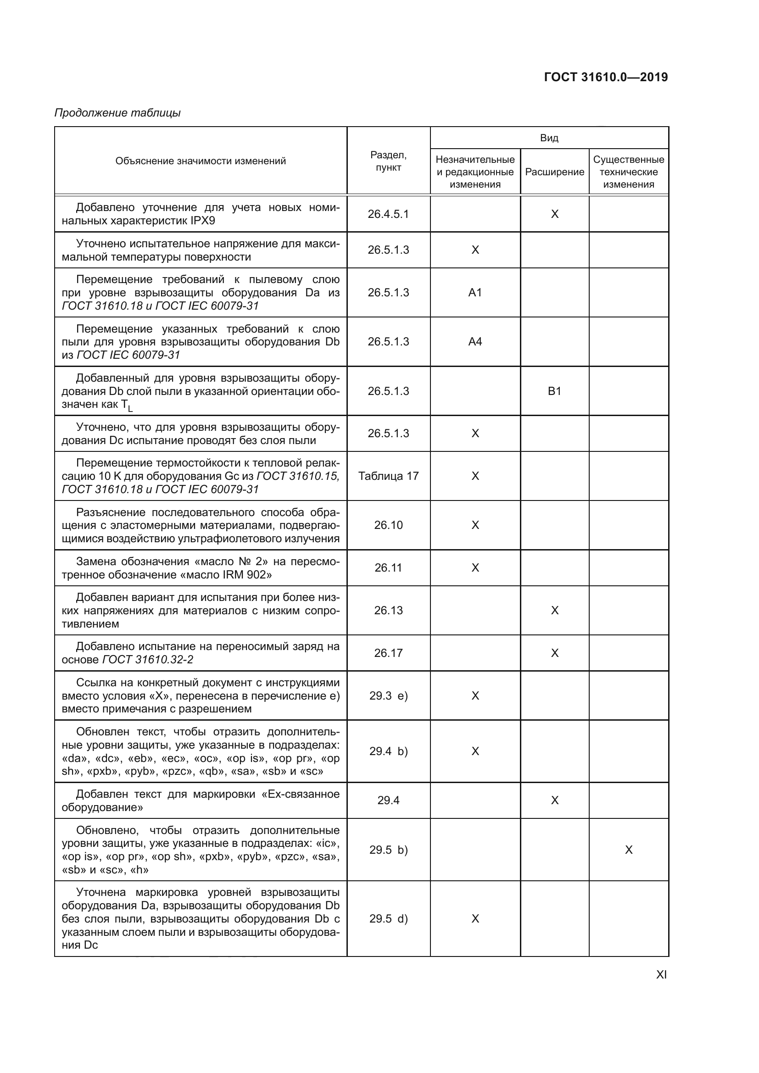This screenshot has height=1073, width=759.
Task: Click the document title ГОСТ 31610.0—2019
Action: click(x=606, y=77)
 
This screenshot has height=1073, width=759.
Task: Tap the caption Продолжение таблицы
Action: click(x=117, y=113)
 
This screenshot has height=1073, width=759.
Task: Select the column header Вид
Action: click(x=549, y=138)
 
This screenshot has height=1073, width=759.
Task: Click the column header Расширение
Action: click(x=554, y=172)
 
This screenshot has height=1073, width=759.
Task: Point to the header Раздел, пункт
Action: click(x=388, y=161)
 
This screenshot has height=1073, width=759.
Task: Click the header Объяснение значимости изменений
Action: click(x=201, y=161)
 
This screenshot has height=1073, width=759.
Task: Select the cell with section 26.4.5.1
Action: click(x=388, y=214)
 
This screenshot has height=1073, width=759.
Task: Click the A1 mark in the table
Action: click(x=475, y=293)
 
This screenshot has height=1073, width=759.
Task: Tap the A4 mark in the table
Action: click(x=475, y=342)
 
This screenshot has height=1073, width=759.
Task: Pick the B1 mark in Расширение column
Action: click(x=554, y=391)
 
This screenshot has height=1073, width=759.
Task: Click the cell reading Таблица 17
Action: click(x=388, y=476)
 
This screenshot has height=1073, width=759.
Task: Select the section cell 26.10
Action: click(x=388, y=525)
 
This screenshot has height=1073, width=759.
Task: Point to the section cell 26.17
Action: click(x=388, y=653)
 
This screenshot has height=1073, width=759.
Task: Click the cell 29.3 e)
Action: click(x=388, y=696)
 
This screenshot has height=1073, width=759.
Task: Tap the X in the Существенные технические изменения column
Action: click(x=629, y=850)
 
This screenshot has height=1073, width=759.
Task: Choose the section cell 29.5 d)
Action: click(x=388, y=919)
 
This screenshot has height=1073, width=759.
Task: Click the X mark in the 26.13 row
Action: click(x=554, y=610)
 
